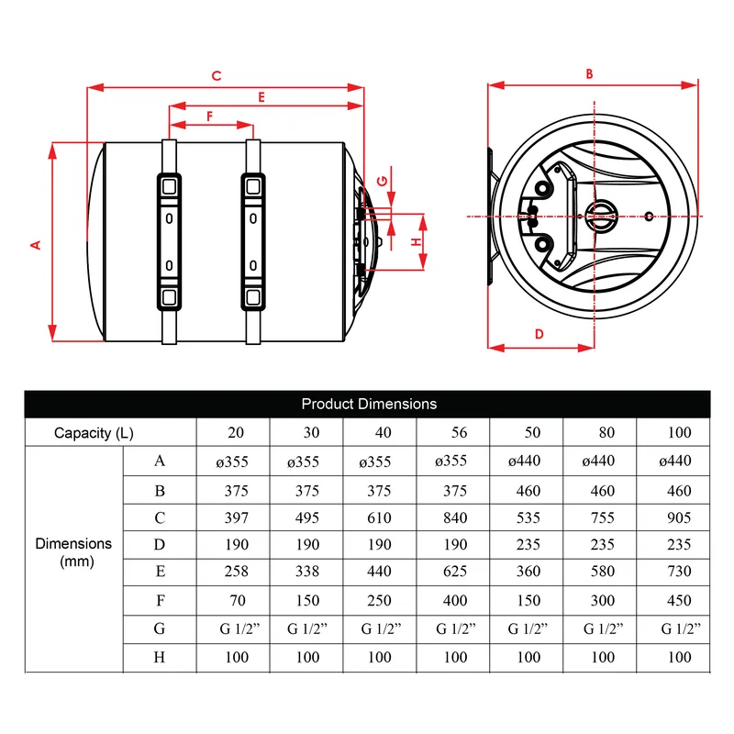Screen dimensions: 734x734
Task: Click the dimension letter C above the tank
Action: point(217,76)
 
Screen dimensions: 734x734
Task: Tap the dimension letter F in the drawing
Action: point(210,117)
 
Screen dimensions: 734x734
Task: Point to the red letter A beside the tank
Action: point(36,245)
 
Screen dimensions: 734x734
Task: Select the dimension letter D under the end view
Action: point(539,334)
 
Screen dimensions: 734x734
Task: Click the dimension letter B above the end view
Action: point(589,74)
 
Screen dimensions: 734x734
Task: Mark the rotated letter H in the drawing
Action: point(417,242)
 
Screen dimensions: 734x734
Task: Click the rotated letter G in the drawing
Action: point(383,181)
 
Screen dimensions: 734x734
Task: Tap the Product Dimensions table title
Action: point(369,404)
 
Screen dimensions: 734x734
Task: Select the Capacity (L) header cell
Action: point(94,433)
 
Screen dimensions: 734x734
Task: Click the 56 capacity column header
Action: point(460,432)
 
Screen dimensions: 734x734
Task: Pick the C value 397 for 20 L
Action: point(237,517)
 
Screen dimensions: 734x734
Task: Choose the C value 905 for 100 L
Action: point(679,517)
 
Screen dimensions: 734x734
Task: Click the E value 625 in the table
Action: point(455,571)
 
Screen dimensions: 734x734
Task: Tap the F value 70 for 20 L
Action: point(238,600)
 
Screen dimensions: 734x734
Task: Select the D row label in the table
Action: point(160,544)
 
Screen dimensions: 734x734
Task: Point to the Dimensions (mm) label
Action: point(74,552)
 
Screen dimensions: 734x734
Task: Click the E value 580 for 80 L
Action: point(603,571)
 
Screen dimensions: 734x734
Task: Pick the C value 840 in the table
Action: point(455,517)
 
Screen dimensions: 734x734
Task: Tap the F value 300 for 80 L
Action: point(603,600)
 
